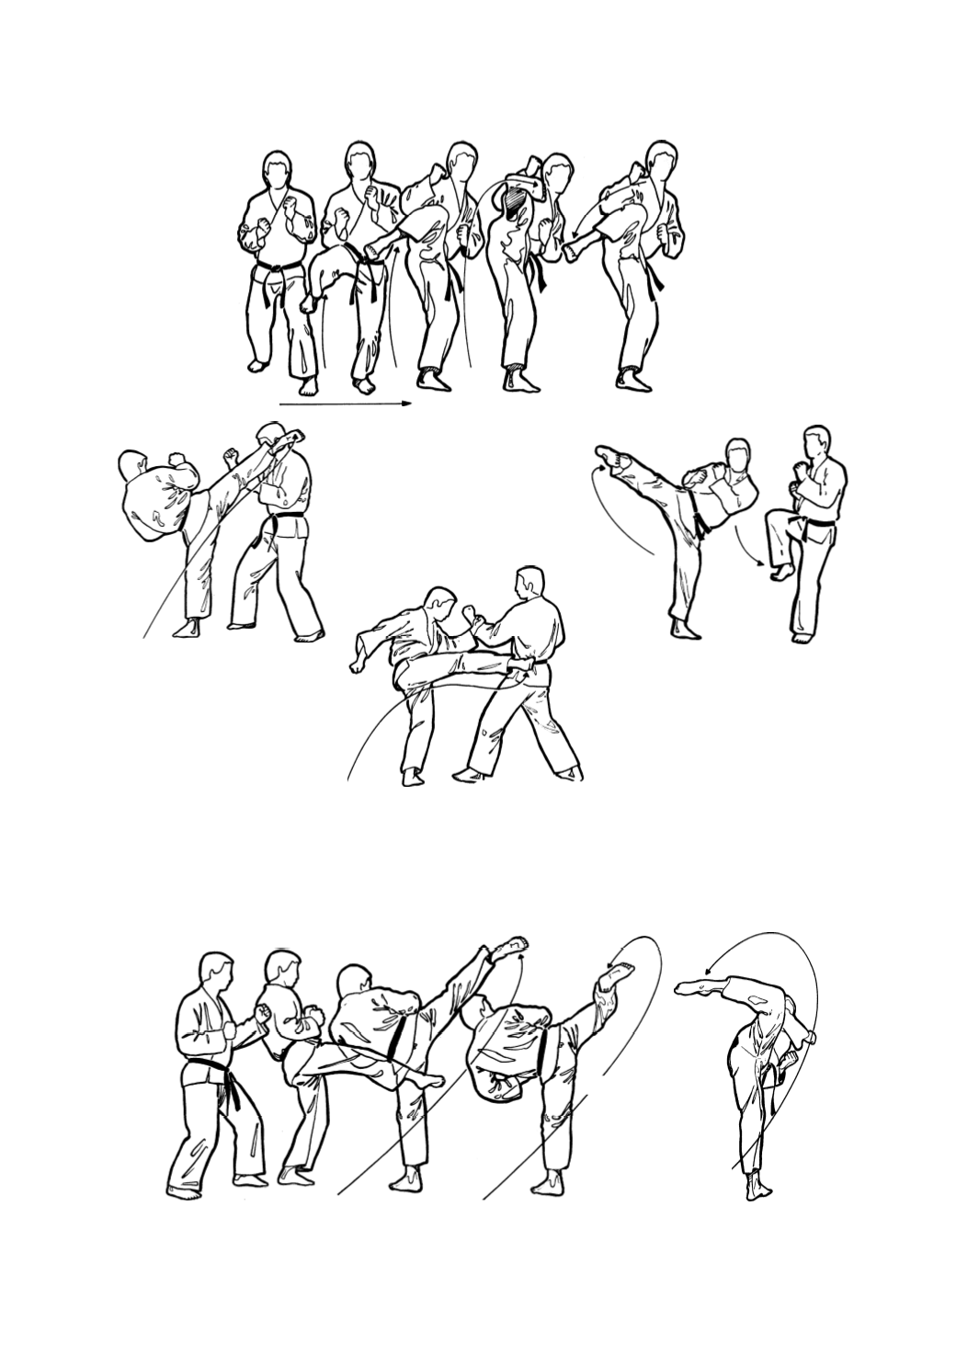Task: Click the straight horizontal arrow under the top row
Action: (345, 403)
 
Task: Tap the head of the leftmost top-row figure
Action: (279, 173)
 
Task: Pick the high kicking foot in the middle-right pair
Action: (607, 456)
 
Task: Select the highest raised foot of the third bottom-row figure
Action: (508, 948)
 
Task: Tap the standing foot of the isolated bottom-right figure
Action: (756, 1189)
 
